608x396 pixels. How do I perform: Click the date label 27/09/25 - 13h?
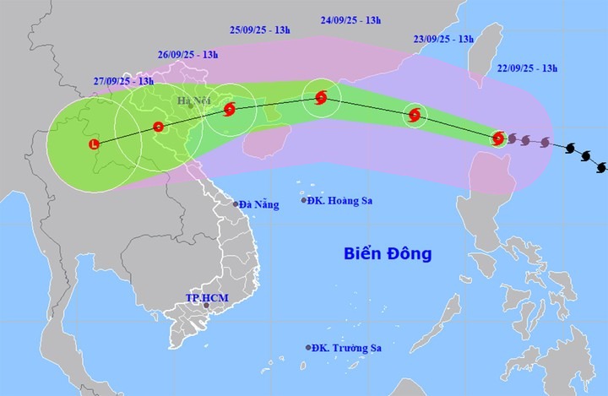tap(123, 81)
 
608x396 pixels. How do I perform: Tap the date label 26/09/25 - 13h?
tap(187, 55)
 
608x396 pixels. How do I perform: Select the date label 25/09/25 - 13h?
tap(260, 30)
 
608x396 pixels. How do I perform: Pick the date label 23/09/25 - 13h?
tap(442, 39)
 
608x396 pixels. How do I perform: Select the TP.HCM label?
tap(206, 297)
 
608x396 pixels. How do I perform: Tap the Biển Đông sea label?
tap(388, 252)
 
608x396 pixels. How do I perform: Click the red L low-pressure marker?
tap(94, 145)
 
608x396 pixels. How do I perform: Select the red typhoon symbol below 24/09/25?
tap(321, 98)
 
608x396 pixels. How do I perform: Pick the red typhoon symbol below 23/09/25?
tap(414, 116)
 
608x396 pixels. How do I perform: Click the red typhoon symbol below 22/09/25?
tap(498, 138)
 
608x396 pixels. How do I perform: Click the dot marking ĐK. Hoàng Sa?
tap(304, 200)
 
